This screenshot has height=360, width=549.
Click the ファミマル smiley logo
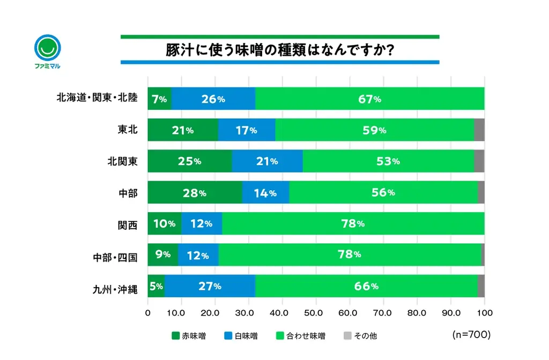[x=47, y=48]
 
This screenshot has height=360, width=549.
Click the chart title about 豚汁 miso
[x=280, y=50]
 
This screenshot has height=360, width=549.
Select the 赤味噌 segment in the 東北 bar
[x=183, y=130]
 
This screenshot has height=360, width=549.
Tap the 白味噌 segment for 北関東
[x=267, y=161]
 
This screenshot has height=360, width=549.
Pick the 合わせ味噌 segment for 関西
[x=353, y=223]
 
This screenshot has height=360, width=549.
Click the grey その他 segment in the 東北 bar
[x=479, y=130]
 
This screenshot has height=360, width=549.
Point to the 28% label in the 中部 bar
[x=194, y=193]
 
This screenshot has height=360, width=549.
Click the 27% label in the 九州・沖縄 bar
[x=210, y=286]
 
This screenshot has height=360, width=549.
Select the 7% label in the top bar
[x=160, y=99]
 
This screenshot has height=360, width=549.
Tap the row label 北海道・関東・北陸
[x=98, y=99]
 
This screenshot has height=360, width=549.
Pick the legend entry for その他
[x=360, y=336]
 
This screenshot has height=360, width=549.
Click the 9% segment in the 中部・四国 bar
[x=163, y=255]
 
